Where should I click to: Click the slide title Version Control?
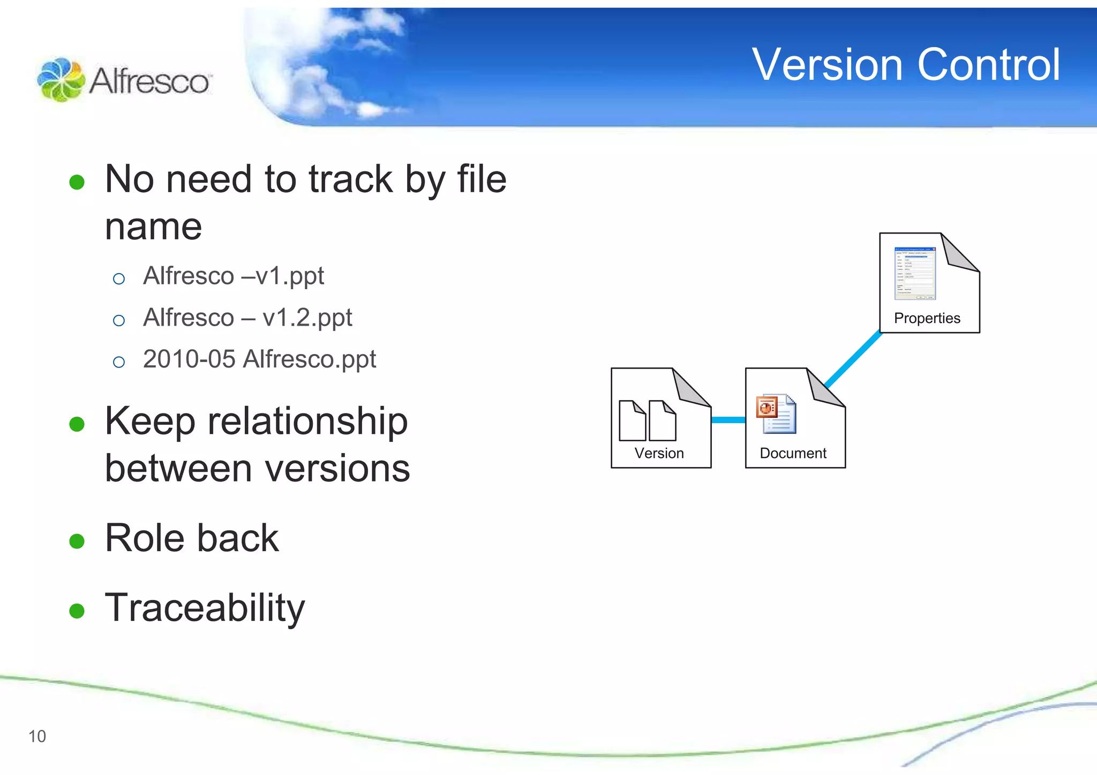pyautogui.click(x=905, y=65)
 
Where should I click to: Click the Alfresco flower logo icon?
pyautogui.click(x=61, y=80)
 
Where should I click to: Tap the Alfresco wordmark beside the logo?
pyautogui.click(x=149, y=82)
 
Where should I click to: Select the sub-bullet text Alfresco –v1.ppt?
pyautogui.click(x=233, y=276)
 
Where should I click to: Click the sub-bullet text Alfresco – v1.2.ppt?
pyautogui.click(x=247, y=318)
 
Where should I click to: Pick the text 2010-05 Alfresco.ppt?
pyautogui.click(x=259, y=359)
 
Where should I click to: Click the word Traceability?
pyautogui.click(x=205, y=608)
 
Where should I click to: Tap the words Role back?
pyautogui.click(x=192, y=538)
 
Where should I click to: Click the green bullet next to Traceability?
pyautogui.click(x=77, y=611)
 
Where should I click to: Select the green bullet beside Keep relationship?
pyautogui.click(x=77, y=424)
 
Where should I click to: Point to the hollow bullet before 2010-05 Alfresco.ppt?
pyautogui.click(x=119, y=362)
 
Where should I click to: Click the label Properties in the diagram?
pyautogui.click(x=927, y=318)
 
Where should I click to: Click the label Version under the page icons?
pyautogui.click(x=659, y=453)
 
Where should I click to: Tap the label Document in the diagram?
pyautogui.click(x=793, y=453)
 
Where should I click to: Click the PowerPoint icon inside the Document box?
pyautogui.click(x=776, y=413)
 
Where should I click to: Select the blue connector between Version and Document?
pyautogui.click(x=728, y=420)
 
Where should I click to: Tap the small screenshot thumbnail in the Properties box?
pyautogui.click(x=914, y=273)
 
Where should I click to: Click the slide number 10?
pyautogui.click(x=37, y=736)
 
